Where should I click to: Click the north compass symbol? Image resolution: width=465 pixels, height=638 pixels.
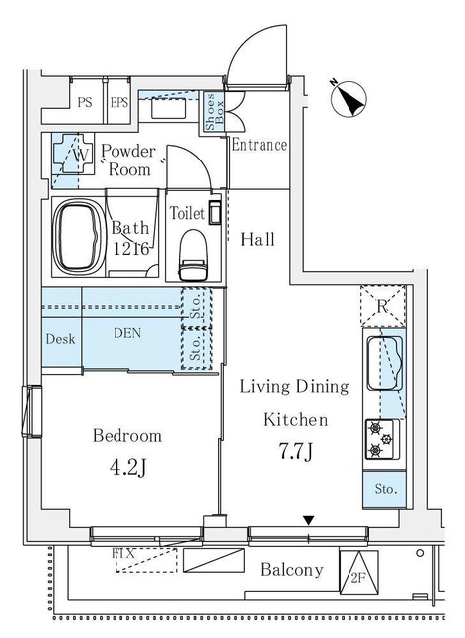349,99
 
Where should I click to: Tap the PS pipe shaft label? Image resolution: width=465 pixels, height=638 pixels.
85,102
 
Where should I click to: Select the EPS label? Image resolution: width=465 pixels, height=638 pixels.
119,102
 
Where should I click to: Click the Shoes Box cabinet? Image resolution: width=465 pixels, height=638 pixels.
214,111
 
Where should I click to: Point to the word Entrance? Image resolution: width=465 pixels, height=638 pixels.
259,145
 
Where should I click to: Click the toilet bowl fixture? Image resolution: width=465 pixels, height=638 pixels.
193,255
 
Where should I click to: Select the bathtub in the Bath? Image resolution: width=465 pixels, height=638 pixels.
79,237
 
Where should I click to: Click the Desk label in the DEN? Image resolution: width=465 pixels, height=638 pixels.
60,339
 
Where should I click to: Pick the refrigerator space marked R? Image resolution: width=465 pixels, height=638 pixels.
383,306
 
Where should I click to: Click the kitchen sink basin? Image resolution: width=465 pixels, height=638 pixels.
385,363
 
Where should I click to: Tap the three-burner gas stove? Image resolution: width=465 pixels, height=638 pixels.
382,439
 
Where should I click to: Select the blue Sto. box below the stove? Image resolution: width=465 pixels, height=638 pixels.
384,489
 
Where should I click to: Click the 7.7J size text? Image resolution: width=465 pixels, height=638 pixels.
295,451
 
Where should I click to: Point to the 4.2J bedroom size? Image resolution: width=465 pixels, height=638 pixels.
127,468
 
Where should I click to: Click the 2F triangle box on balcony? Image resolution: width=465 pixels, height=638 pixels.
358,572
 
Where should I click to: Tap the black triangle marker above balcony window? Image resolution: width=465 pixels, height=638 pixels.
309,520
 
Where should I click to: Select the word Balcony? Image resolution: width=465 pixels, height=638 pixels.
292,570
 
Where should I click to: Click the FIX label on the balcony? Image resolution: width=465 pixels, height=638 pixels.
123,553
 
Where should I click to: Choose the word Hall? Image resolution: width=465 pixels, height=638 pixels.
257,239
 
